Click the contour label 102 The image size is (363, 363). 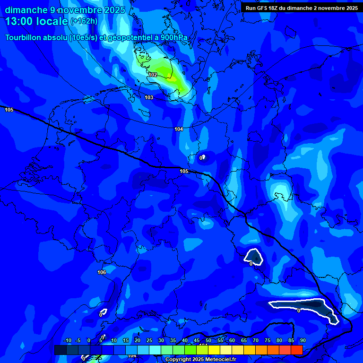(x=153, y=75)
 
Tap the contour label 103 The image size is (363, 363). (x=149, y=97)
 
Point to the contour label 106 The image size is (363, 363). (x=102, y=272)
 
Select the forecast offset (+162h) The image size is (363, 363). (x=84, y=21)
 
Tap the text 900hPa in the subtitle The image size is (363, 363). (x=175, y=37)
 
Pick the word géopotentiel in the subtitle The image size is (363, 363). (x=128, y=37)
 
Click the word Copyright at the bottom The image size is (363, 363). (x=179, y=360)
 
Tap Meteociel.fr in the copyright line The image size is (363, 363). (x=220, y=360)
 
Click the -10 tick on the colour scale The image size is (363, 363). (x=67, y=340)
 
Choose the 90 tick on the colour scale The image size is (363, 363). (x=303, y=340)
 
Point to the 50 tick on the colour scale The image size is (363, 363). (x=208, y=340)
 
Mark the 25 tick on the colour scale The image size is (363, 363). (x=149, y=340)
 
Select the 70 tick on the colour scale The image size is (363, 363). (x=255, y=340)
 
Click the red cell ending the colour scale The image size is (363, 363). (x=296, y=350)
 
